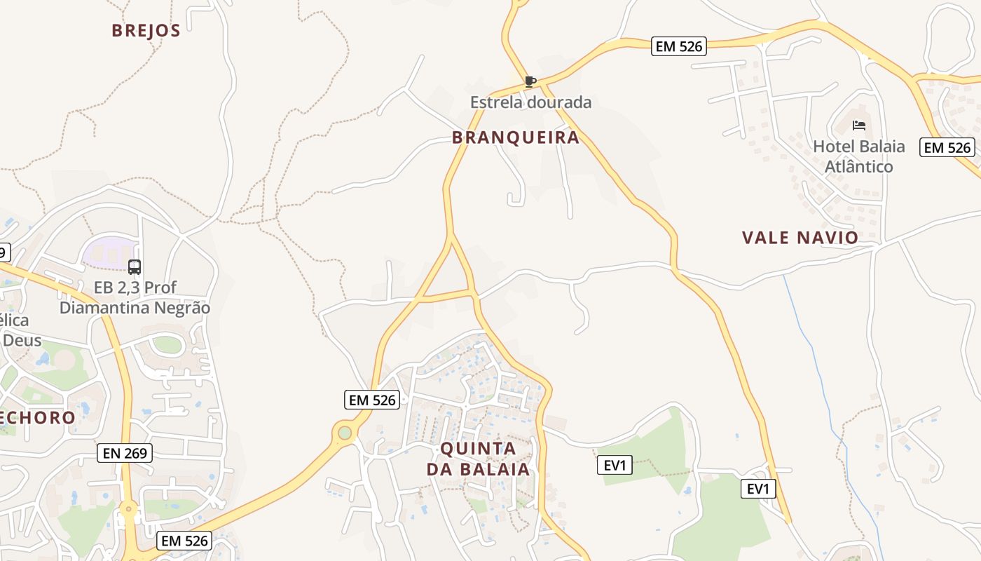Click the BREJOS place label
coord(146,31)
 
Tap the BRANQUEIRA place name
coord(516,137)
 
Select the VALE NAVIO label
coord(800,238)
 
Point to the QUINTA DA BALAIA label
coord(479,459)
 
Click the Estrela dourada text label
coord(530,102)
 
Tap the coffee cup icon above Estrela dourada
coord(530,82)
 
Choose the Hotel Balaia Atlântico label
coord(858,156)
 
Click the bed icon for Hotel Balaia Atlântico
coord(859,126)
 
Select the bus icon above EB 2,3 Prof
coord(135,267)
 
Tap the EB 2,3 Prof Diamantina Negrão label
coord(135,297)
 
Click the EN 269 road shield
coord(125,453)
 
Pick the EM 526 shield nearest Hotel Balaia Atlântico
coord(948,147)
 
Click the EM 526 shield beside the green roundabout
coord(373,400)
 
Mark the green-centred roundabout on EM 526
coord(344,433)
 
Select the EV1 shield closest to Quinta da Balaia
coord(615,464)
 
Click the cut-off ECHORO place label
coord(36,418)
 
